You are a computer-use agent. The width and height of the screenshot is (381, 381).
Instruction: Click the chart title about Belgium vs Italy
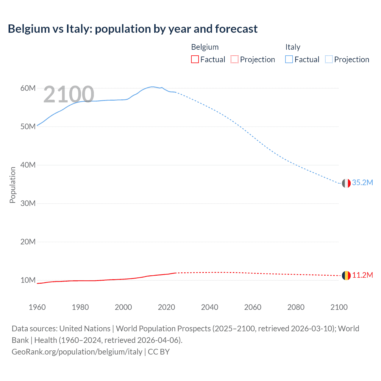132,29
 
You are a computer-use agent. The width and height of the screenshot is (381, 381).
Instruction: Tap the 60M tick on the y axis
28,88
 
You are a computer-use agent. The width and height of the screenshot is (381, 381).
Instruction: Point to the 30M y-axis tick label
28,203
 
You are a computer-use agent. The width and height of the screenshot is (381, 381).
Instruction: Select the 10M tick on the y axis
28,280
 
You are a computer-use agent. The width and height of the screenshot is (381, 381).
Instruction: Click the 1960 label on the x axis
37,307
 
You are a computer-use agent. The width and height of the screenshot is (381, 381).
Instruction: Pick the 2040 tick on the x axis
210,307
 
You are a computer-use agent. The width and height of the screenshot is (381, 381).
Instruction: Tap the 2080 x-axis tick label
296,307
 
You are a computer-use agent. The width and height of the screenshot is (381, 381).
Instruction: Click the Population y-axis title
13,185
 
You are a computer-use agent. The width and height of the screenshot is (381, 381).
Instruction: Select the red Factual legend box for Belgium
195,60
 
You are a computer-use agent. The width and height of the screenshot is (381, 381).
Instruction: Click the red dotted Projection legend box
235,60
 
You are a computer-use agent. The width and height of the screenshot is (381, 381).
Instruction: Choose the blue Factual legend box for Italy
289,60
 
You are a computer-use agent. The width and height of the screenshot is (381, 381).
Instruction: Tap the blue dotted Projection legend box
329,60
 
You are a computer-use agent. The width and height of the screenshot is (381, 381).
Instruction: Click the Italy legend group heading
293,47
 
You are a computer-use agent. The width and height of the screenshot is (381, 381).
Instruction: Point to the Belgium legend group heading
205,47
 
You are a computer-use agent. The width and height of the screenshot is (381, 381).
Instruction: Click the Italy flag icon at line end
346,183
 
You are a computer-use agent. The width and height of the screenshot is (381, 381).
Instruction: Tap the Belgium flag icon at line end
346,276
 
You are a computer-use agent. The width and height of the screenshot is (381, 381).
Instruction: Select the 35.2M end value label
363,182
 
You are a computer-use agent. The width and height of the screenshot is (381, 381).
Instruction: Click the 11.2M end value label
363,275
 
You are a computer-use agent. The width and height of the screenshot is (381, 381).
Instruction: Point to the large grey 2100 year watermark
69,94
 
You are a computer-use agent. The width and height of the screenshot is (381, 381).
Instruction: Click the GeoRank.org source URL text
77,352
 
